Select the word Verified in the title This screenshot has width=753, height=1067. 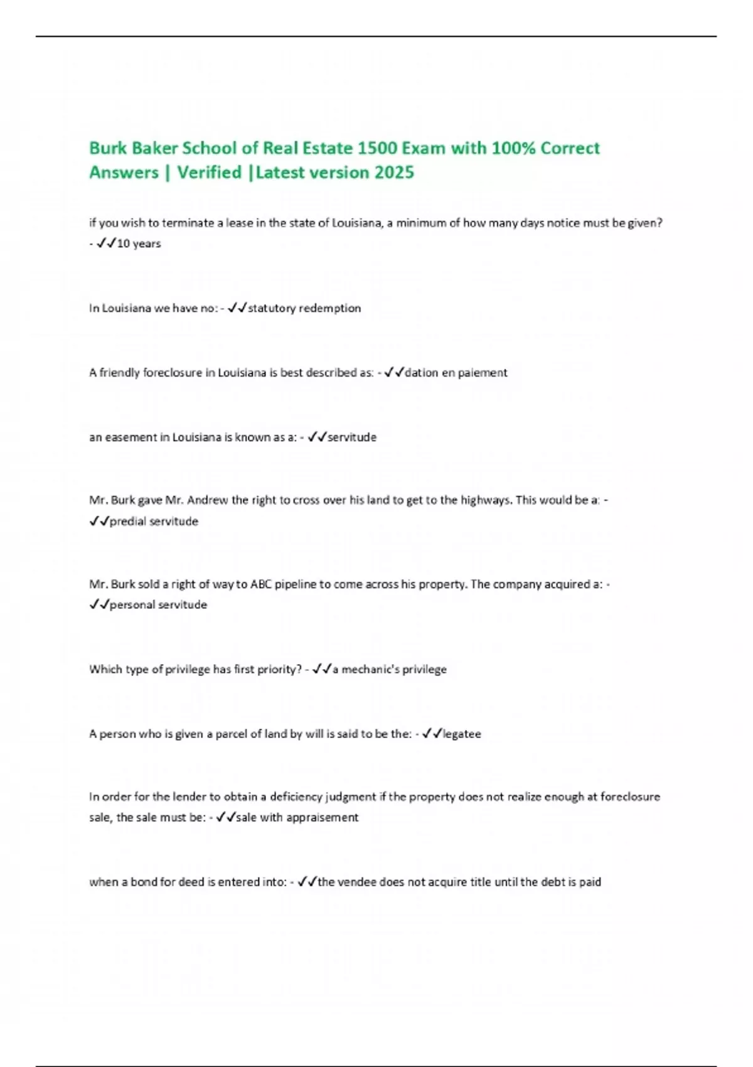(209, 173)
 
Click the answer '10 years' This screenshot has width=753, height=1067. (139, 244)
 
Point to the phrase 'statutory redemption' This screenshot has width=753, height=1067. (304, 308)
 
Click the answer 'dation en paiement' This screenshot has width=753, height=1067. (456, 373)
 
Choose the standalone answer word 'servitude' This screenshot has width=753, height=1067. (352, 437)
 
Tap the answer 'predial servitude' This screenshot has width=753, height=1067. (154, 522)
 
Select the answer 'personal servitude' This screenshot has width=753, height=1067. (158, 605)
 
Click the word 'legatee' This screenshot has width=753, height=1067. (462, 734)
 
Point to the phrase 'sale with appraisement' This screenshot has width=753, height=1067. (297, 818)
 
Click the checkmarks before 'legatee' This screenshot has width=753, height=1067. (432, 734)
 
